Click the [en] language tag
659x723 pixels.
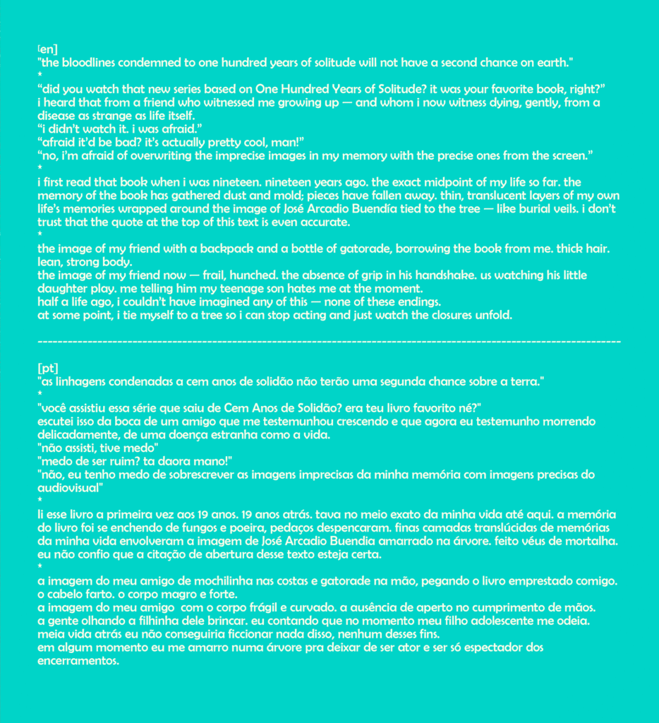44,49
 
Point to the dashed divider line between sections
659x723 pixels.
329,342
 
